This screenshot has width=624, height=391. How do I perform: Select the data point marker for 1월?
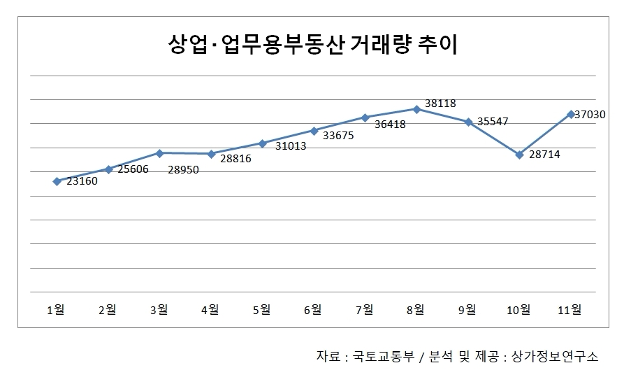57,181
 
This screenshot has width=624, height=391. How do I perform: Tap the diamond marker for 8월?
416,109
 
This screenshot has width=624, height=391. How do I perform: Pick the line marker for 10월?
519,155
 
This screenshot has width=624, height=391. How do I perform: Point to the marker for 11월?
571,114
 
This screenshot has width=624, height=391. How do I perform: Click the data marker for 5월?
262,143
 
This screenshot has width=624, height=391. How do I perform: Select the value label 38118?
440,104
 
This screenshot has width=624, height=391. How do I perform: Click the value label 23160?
82,182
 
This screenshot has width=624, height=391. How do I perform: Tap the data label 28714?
544,155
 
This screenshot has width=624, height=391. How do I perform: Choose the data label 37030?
590,115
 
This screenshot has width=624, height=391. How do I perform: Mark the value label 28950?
184,169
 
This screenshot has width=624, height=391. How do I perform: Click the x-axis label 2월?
108,310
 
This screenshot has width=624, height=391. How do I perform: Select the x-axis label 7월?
365,310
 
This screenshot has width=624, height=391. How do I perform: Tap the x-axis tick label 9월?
467,310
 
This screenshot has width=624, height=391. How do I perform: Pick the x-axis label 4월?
210,310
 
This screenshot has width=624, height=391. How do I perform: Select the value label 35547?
493,122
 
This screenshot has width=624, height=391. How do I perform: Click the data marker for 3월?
159,153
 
